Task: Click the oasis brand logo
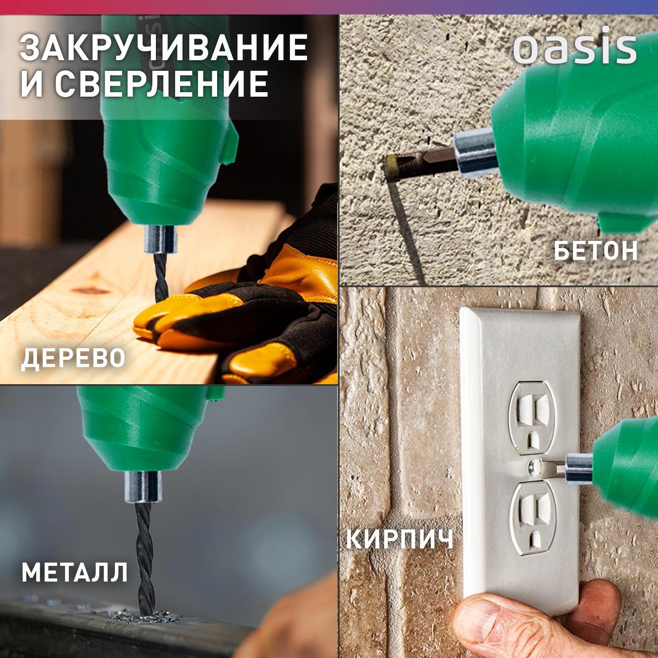point(574,49)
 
